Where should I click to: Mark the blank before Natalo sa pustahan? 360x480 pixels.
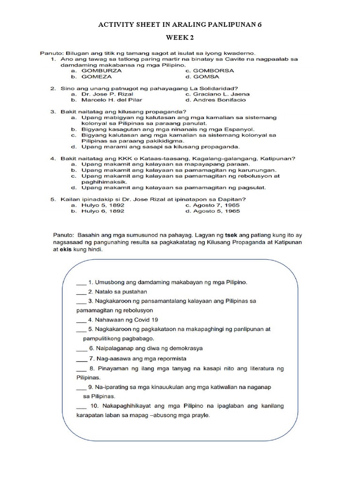tap(81, 291)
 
